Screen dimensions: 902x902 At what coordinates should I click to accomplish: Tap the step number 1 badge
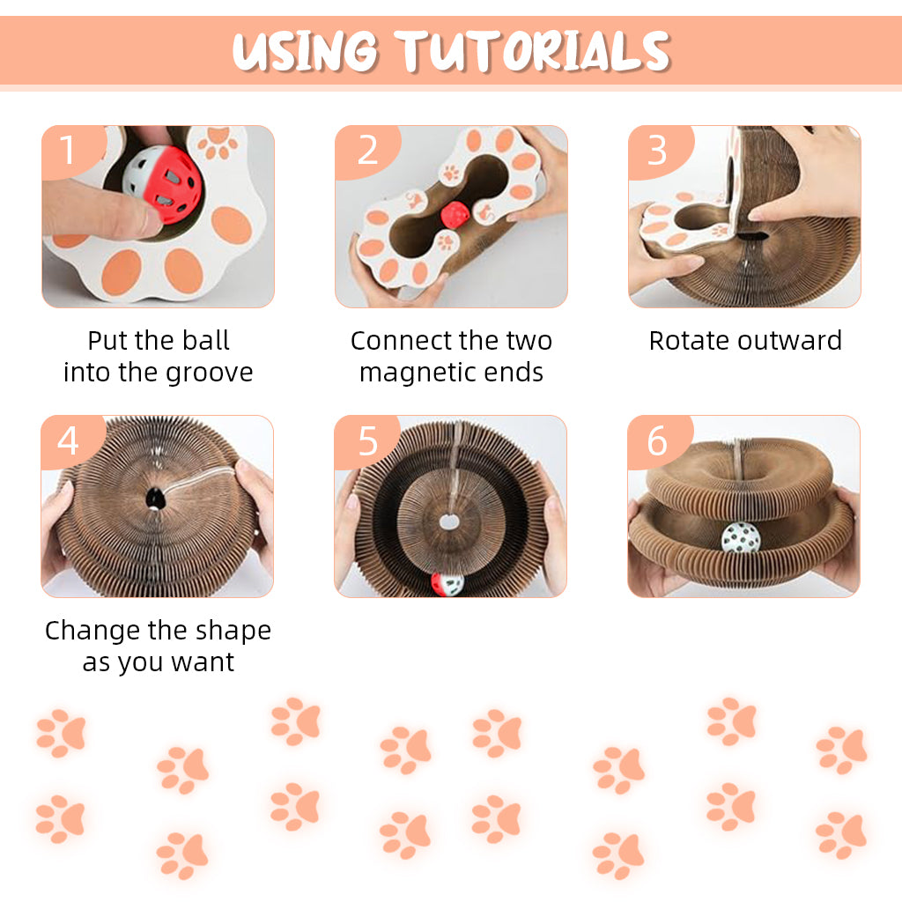[71, 151]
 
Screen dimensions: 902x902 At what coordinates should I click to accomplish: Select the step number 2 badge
[367, 151]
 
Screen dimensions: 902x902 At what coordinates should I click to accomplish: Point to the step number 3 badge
[659, 151]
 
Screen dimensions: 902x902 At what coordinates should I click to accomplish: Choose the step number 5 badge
[367, 440]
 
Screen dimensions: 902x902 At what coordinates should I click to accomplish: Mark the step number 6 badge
[659, 440]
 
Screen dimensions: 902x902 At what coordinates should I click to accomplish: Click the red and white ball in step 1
[163, 184]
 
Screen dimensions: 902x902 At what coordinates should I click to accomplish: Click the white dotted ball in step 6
[740, 540]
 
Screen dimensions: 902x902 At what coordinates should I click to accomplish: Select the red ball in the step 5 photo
[447, 584]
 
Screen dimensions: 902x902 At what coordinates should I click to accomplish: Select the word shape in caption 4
[233, 631]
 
